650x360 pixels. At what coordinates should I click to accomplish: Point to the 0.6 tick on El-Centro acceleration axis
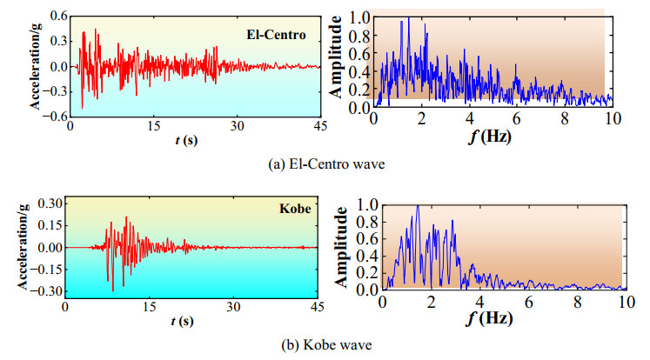tap(57, 17)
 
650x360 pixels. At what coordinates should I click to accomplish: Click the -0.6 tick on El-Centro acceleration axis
tap(55, 117)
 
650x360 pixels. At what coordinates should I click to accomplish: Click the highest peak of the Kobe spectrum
tap(418, 207)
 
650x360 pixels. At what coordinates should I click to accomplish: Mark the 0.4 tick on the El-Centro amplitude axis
tap(359, 71)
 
